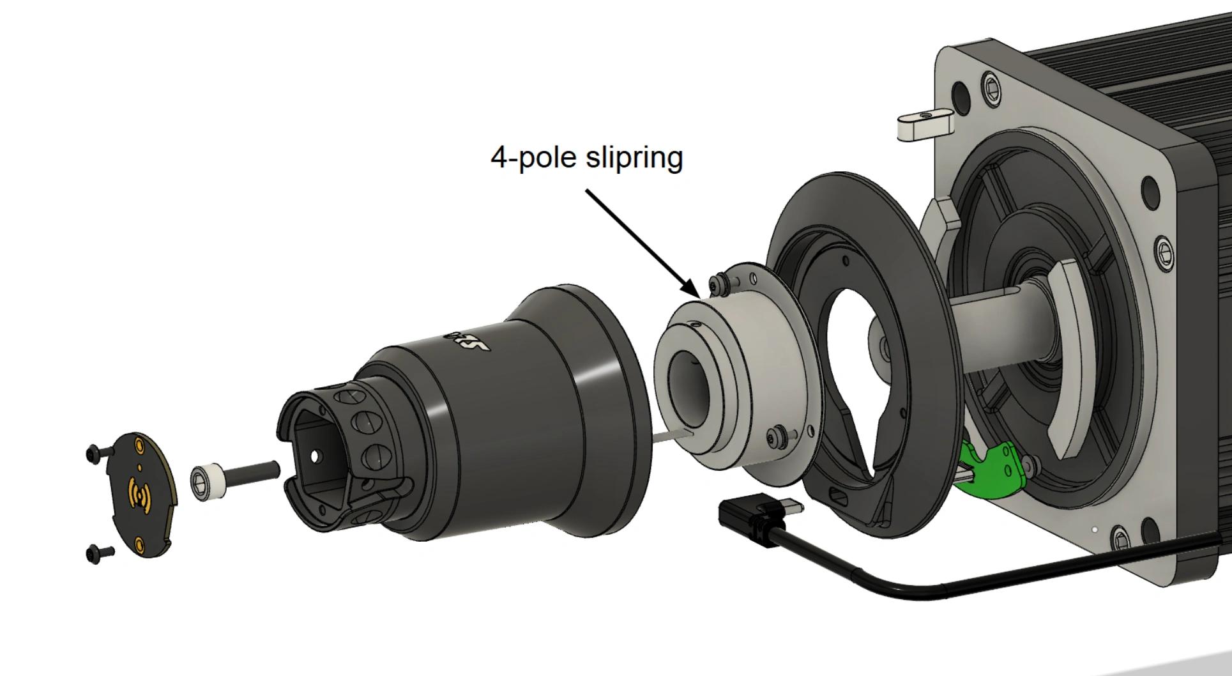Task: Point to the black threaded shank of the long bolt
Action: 252,473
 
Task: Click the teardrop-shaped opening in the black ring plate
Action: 853,358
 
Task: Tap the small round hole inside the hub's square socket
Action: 315,456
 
